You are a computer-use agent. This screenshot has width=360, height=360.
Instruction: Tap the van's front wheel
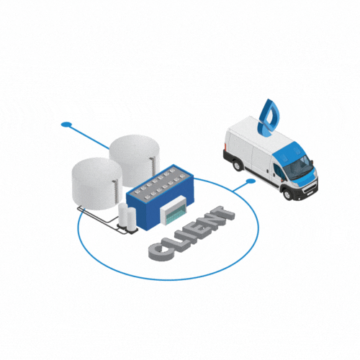pos(288,194)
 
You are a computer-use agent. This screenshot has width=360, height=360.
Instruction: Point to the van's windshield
pos(299,166)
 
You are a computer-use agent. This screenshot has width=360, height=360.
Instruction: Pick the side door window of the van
pos(279,171)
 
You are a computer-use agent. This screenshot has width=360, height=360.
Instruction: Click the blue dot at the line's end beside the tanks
pos(66,125)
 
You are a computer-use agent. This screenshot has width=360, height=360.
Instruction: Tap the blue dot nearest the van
pos(251,181)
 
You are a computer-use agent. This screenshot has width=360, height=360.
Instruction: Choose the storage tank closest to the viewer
pos(96,184)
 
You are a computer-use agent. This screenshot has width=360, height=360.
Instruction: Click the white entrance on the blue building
pos(174,210)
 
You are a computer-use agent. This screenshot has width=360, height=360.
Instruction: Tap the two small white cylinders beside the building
pos(127,217)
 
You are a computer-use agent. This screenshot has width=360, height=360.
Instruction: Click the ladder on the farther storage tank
pos(152,168)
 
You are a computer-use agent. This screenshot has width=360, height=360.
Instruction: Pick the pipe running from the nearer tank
pos(99,218)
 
